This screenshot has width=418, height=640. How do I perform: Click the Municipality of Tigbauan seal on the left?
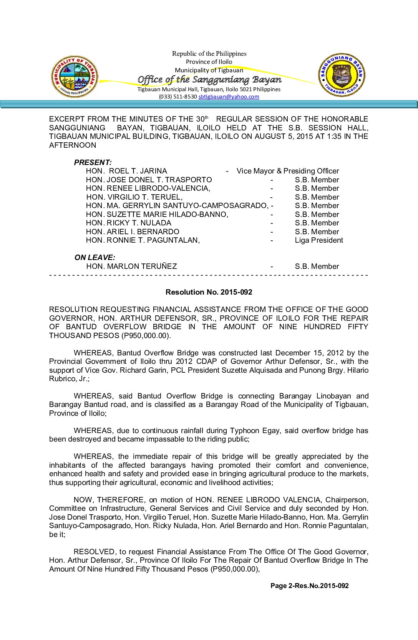coord(75,77)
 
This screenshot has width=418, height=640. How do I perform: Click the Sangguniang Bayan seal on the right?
coord(342,75)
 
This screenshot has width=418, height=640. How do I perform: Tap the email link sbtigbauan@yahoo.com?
coord(229,97)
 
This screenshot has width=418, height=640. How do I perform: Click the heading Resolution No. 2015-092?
coord(209,292)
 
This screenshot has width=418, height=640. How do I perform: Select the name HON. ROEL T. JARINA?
coord(126,171)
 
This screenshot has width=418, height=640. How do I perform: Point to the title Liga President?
coord(319,240)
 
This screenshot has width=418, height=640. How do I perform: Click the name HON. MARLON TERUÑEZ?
coord(131,267)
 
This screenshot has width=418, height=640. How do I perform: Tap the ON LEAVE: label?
coord(95,258)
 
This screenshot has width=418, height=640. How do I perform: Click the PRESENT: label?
coord(93,162)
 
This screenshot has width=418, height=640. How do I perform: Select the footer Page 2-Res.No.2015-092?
coord(309,586)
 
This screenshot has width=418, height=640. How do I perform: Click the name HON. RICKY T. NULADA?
coord(128,223)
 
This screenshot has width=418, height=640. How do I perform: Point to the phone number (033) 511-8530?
coord(178,97)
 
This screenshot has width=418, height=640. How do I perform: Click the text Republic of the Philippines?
coord(209,54)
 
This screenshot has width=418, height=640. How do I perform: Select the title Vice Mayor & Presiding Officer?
coord(288,171)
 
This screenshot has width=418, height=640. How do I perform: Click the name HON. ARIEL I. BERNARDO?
coord(133,232)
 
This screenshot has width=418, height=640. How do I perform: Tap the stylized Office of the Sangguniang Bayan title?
coord(209,80)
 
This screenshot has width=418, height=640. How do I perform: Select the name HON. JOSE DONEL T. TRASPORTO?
coord(149,180)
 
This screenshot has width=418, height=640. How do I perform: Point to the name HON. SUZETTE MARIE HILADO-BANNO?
coord(157,215)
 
